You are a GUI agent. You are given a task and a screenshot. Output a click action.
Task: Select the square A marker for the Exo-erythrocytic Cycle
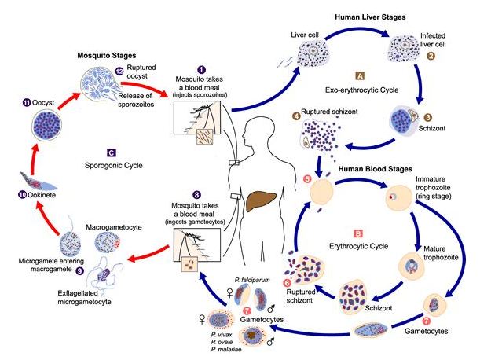point(359,76)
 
